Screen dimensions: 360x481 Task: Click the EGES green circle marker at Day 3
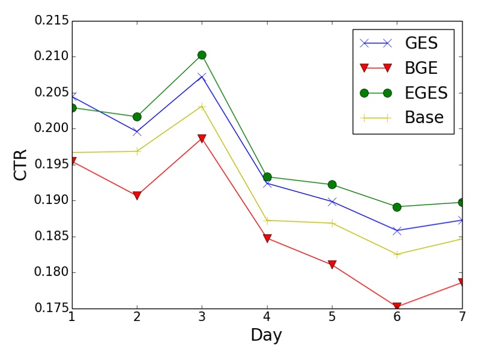tap(202, 55)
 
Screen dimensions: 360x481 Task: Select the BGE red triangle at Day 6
tap(397, 307)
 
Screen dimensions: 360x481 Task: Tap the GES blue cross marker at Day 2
tap(137, 132)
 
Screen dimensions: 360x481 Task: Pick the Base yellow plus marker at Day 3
tap(202, 106)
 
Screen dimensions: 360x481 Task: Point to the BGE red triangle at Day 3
tap(202, 139)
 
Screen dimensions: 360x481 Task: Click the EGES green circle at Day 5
tap(332, 184)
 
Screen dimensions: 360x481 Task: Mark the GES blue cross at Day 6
tap(397, 230)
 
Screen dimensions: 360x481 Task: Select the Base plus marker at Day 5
tap(332, 223)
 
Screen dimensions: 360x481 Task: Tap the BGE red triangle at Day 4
tap(267, 239)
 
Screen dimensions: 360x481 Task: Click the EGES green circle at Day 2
tap(137, 116)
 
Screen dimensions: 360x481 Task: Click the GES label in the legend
tap(422, 43)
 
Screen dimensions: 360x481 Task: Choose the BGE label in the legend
tap(422, 68)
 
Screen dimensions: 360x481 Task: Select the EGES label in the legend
tap(425, 93)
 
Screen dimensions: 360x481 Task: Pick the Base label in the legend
tap(424, 118)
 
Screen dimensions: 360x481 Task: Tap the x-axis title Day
tap(266, 335)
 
